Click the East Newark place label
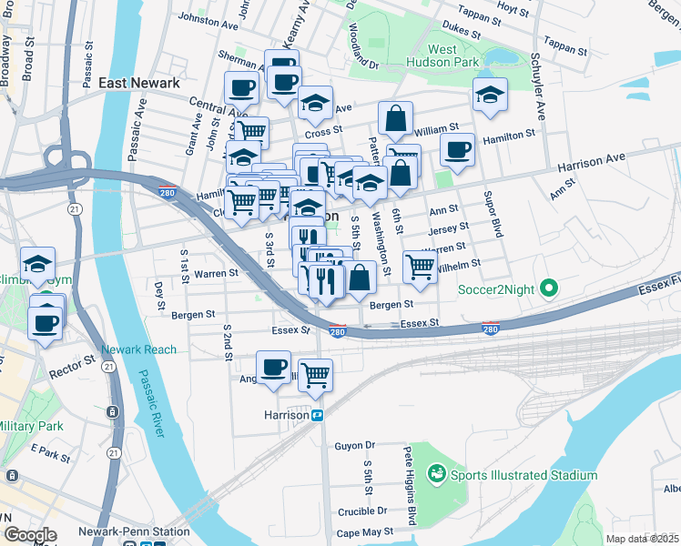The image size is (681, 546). [x=137, y=83]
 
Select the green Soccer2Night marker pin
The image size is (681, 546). [x=548, y=290]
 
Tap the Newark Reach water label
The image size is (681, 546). [x=138, y=349]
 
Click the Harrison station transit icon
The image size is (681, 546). [x=319, y=415]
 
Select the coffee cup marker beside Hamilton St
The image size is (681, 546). [x=458, y=150]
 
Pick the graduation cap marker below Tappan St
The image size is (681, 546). [x=490, y=96]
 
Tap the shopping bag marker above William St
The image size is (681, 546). [x=395, y=118]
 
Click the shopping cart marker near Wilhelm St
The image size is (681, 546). [x=419, y=267]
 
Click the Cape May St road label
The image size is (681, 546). [x=362, y=531]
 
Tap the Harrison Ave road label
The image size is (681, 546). [x=592, y=163]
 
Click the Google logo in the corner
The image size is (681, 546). [x=30, y=535]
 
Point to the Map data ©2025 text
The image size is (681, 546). [x=643, y=539]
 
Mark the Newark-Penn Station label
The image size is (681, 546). [x=146, y=531]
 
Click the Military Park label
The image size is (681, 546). [x=29, y=426]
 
